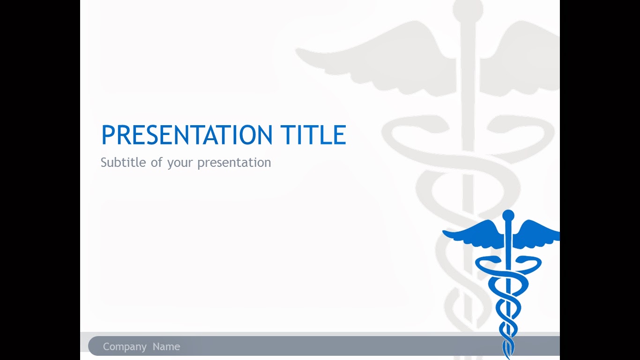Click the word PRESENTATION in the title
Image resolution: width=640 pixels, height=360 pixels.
coord(187,135)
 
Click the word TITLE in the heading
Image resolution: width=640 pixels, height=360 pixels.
coord(313,135)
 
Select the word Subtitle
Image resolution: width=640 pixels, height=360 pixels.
coord(123,162)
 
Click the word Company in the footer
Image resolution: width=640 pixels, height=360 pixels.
coord(125,347)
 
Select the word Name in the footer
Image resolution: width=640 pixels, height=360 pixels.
coord(166,346)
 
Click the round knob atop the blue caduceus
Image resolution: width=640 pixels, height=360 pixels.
coord(508,216)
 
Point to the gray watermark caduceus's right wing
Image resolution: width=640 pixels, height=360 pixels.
coord(520,59)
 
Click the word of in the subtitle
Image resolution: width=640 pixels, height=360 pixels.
coord(156,162)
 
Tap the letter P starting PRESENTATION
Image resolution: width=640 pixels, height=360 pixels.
coord(108,135)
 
